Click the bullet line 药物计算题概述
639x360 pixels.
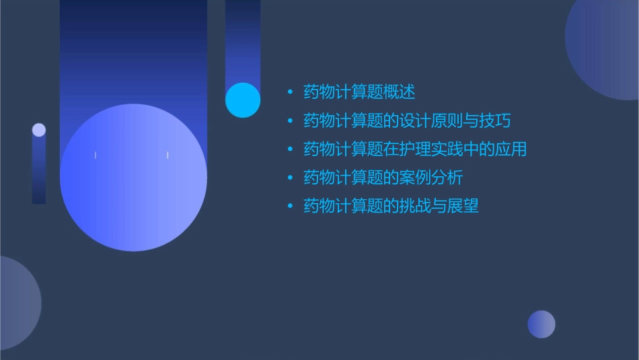(x=359, y=92)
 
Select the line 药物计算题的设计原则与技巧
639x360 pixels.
(x=407, y=121)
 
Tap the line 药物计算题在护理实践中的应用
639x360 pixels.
(x=415, y=149)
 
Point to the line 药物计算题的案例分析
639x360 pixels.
(x=383, y=178)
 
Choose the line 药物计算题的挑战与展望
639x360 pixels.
(x=391, y=207)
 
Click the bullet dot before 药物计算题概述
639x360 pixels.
(x=290, y=92)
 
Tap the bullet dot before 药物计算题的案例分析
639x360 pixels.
(x=290, y=178)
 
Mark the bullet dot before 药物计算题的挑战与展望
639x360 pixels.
(x=290, y=207)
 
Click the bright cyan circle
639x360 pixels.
(x=243, y=100)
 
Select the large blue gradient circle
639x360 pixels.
(x=133, y=178)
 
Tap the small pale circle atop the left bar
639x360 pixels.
(x=39, y=130)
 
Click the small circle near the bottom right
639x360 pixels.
(x=541, y=324)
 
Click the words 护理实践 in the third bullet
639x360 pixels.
(x=447, y=149)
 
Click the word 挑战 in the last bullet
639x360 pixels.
(x=415, y=207)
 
